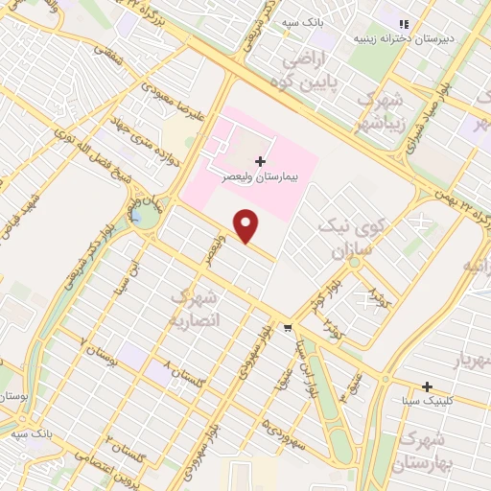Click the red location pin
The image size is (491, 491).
pos(247,224)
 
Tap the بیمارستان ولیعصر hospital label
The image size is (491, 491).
pos(262,178)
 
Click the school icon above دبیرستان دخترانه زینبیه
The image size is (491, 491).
pos(405,24)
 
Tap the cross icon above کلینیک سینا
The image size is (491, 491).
pos(427,386)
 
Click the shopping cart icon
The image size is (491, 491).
pos(288,329)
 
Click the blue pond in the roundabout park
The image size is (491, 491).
pos(144,219)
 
